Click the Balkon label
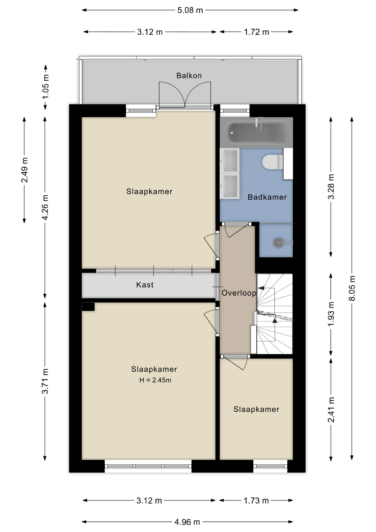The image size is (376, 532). pyautogui.click(x=189, y=76)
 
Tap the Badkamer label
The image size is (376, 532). pyautogui.click(x=267, y=197)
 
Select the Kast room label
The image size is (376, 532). pyautogui.click(x=145, y=285)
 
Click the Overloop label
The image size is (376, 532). pyautogui.click(x=239, y=293)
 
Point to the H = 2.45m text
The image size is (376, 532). pyautogui.click(x=155, y=380)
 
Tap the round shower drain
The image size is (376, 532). pyautogui.click(x=278, y=243)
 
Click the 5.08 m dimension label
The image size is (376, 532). pyautogui.click(x=190, y=10)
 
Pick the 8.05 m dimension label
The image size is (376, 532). pyautogui.click(x=352, y=288)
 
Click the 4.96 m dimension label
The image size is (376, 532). pyautogui.click(x=187, y=522)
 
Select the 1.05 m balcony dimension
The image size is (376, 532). pyautogui.click(x=45, y=87)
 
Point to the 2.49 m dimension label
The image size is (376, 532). pyautogui.click(x=24, y=170)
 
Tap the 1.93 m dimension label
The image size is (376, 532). pyautogui.click(x=331, y=314)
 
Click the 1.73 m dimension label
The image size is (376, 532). pyautogui.click(x=256, y=500)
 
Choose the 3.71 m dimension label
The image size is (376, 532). pyautogui.click(x=45, y=381)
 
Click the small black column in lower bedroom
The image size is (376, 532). pyautogui.click(x=88, y=307)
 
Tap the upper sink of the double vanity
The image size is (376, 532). pyautogui.click(x=230, y=160)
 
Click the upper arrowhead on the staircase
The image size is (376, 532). pyautogui.click(x=261, y=288)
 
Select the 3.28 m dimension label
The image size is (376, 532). pyautogui.click(x=331, y=186)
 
